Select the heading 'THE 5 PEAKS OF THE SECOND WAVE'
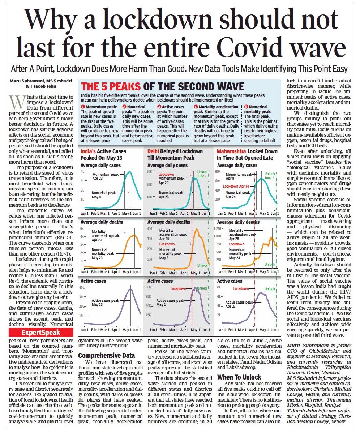163,87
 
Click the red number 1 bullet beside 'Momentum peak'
83,107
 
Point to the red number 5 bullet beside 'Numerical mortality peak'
247,107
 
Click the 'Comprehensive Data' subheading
107,355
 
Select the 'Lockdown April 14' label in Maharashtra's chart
236,186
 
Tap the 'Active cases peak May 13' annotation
105,303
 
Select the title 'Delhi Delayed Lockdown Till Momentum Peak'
175,154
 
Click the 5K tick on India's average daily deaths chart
83,229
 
